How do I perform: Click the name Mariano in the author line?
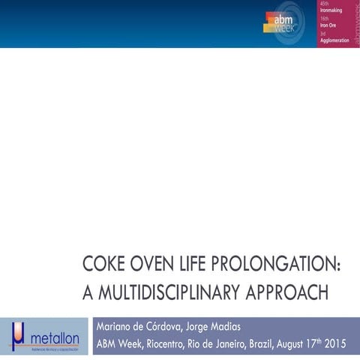tap(118, 327)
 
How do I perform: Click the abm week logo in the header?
tap(283, 22)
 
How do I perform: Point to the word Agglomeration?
tap(335, 40)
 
